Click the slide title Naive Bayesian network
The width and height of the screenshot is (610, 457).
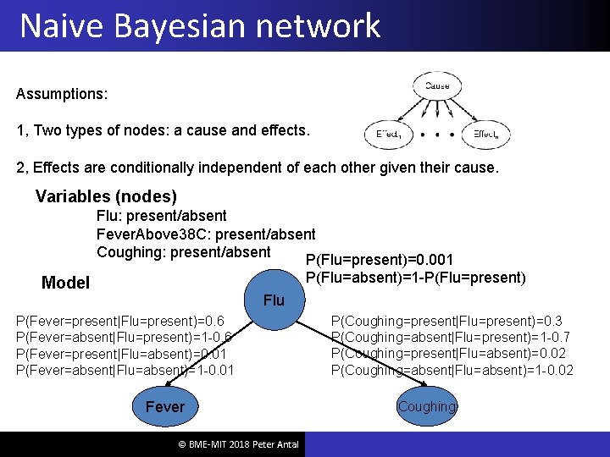[x=200, y=25]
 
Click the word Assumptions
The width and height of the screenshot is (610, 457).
[x=62, y=94]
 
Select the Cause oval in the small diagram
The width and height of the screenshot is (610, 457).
[x=437, y=85]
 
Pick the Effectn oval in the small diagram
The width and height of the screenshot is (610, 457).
[x=486, y=135]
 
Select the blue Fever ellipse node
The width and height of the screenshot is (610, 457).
[x=164, y=407]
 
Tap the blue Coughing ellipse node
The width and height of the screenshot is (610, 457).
[x=426, y=406]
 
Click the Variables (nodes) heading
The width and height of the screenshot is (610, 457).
[x=106, y=196]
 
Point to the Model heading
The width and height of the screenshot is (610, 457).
[x=65, y=283]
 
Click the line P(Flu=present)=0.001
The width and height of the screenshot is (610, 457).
[x=380, y=260]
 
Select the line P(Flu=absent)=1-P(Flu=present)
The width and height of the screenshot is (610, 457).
[x=415, y=277]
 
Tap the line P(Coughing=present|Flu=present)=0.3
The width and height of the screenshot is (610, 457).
[x=447, y=321]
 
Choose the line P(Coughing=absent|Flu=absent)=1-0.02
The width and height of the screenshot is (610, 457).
[x=452, y=370]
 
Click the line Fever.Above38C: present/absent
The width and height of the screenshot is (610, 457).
[x=206, y=234]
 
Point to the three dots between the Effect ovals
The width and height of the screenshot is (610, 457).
[x=437, y=135]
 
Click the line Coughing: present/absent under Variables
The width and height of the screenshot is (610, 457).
[x=183, y=251]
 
